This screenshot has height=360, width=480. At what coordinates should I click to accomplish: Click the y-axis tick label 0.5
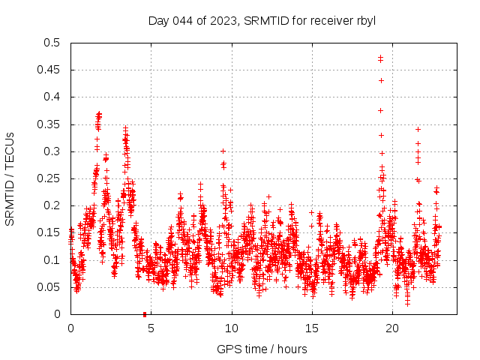click(52, 43)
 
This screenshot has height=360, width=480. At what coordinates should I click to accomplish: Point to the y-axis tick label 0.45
click(49, 70)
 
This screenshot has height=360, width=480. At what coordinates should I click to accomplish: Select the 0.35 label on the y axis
click(49, 124)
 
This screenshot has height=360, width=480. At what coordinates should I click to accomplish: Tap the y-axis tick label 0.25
click(49, 178)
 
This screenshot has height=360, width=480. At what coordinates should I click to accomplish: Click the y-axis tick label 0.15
click(49, 232)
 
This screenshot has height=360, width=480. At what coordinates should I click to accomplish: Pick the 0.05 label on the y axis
click(49, 287)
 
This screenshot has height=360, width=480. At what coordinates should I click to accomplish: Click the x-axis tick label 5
click(151, 328)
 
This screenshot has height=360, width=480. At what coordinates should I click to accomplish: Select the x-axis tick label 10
click(232, 328)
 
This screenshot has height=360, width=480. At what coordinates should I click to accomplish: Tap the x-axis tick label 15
click(313, 328)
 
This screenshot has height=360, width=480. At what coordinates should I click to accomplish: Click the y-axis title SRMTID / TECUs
click(10, 178)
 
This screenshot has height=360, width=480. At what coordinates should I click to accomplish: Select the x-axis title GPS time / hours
click(262, 349)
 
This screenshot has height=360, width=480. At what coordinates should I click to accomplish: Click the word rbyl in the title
click(365, 20)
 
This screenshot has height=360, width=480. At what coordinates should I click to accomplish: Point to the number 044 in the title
click(181, 20)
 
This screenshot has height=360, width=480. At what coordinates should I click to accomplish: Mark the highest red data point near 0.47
click(380, 57)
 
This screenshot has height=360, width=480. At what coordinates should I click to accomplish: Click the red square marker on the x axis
click(145, 314)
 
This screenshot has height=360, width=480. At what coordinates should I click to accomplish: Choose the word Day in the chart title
click(158, 20)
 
